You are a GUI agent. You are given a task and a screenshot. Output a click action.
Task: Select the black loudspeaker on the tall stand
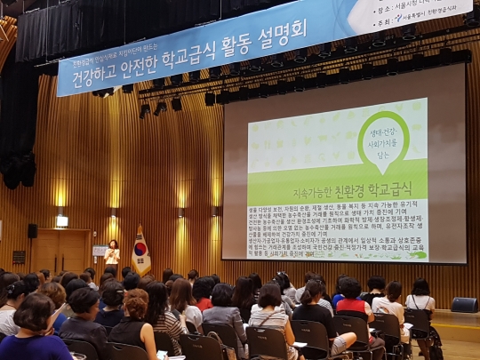tap(33, 230)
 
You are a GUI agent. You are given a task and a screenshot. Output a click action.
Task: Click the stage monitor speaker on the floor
tap(464, 305)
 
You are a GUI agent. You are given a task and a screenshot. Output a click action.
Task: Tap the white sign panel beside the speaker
tap(100, 252)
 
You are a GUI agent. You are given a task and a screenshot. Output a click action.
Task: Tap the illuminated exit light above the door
tap(61, 220)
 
